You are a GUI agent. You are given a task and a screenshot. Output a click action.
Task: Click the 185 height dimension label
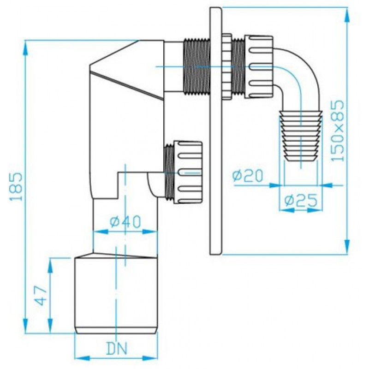[x=16, y=187]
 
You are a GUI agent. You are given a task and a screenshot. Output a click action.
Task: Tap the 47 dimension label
[x=41, y=296]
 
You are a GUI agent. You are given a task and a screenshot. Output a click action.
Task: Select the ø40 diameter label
[x=125, y=221]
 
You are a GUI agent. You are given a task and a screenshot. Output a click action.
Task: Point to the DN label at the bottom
[x=117, y=348]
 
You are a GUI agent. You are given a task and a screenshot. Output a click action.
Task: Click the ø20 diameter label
[x=247, y=176]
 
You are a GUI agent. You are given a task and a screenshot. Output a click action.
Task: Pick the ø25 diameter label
[x=301, y=201]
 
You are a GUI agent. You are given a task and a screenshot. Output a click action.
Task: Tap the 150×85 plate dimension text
[x=337, y=131]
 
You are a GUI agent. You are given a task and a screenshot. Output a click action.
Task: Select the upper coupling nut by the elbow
[x=259, y=67]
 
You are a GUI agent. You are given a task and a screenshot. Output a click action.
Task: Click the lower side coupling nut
[x=188, y=172]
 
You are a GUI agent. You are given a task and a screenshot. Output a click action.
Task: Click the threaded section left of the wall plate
[x=196, y=67]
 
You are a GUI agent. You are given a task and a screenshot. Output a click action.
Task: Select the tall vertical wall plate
[x=215, y=131]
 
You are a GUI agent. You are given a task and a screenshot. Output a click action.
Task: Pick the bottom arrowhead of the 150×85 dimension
[x=347, y=246]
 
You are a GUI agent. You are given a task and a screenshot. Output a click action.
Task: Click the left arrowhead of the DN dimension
[x=83, y=358]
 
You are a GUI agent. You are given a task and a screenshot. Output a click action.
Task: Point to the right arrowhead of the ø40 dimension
[x=150, y=232]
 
